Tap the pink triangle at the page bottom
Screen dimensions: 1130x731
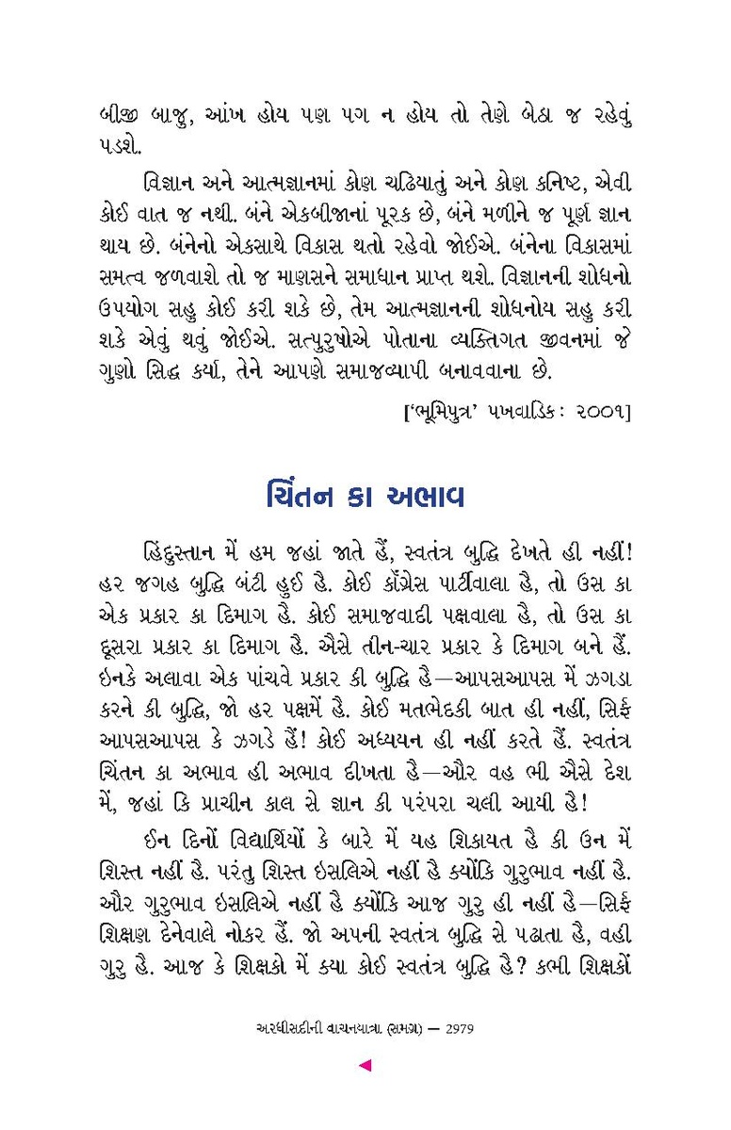(365, 1066)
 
